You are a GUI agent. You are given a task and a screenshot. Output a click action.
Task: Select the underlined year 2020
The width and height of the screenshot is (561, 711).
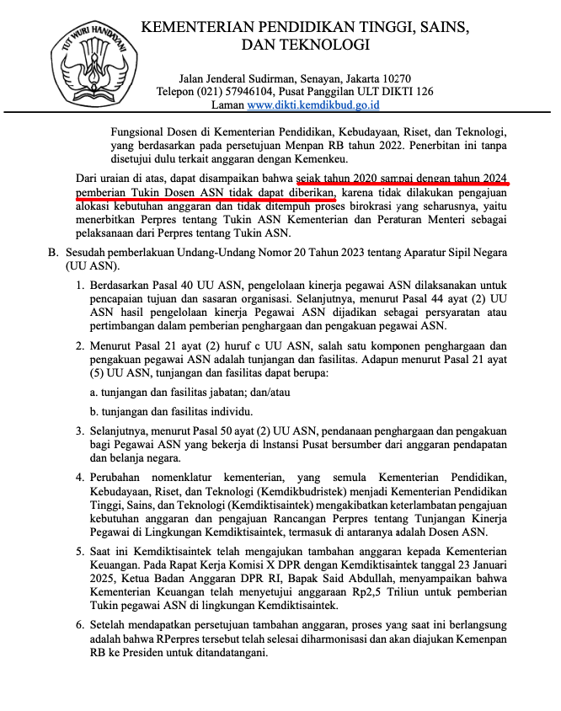click(369, 179)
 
